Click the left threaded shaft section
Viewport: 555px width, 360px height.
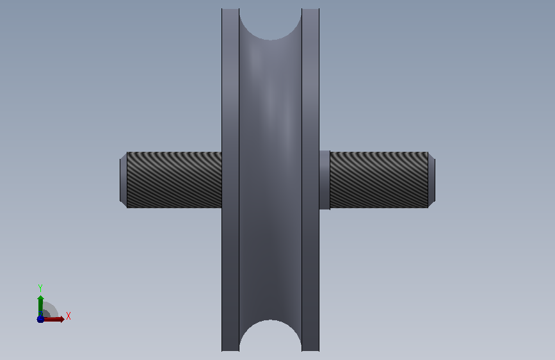[174, 179]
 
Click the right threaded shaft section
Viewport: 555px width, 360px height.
[379, 179]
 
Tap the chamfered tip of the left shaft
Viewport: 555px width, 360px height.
[123, 179]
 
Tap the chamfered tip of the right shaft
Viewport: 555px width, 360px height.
[431, 179]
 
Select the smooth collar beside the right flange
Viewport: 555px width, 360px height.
[325, 180]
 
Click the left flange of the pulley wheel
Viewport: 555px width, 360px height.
[230, 179]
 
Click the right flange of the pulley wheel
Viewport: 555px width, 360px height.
[310, 179]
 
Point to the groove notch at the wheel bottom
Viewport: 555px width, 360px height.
[270, 336]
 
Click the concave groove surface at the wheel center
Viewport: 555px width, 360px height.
[270, 179]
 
